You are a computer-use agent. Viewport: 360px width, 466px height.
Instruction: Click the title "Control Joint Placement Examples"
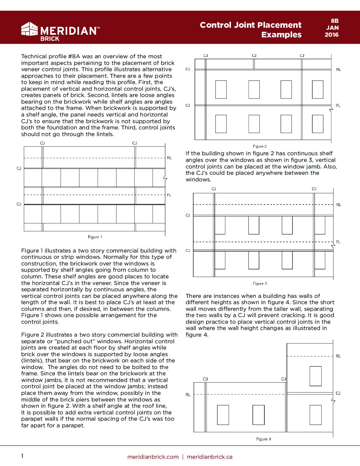(250, 30)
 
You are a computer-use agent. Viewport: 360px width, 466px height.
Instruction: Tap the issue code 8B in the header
(335, 21)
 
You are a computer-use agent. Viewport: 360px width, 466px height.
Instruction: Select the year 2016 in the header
(332, 35)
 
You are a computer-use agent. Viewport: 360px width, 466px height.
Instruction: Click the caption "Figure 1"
(95, 237)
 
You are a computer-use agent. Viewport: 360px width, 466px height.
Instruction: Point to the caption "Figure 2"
(260, 146)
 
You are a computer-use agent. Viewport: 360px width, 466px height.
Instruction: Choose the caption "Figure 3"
(260, 284)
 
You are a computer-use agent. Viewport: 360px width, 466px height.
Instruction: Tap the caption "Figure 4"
(264, 439)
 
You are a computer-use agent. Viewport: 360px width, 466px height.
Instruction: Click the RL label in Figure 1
(169, 158)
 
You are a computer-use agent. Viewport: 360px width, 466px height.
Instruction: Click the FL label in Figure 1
(169, 195)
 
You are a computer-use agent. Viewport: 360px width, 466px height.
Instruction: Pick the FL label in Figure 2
(338, 106)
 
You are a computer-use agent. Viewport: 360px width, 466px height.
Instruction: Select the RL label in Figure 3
(338, 205)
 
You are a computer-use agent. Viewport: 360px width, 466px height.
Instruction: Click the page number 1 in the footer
(22, 456)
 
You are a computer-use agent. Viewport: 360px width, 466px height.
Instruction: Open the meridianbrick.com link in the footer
(153, 457)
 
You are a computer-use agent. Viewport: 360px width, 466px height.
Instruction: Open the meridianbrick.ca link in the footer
(209, 457)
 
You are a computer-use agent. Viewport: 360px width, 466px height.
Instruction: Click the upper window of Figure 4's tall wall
(315, 376)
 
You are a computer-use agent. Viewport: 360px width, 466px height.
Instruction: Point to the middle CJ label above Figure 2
(254, 56)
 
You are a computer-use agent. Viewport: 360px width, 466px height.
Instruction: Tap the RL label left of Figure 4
(188, 395)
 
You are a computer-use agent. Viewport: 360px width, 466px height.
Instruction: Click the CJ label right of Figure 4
(338, 393)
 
